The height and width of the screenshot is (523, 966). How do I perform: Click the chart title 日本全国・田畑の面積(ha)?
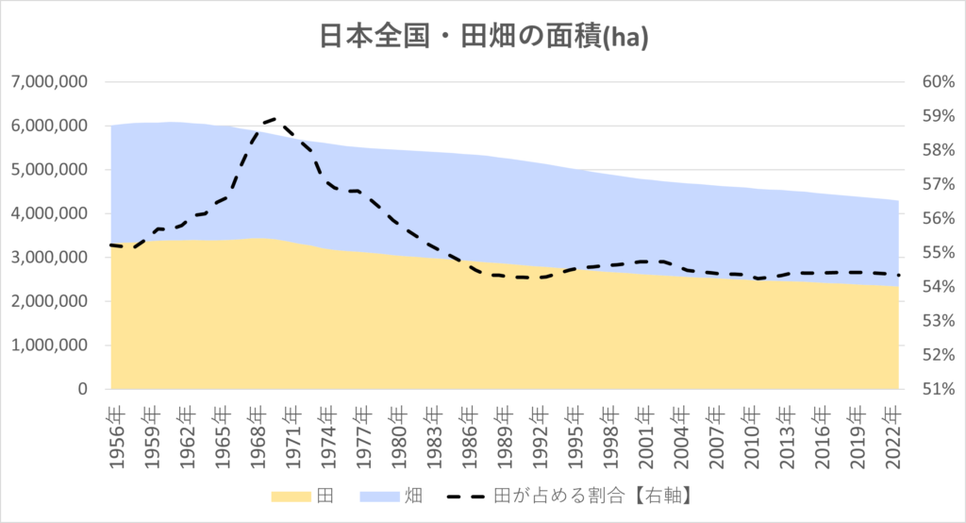coord(484,37)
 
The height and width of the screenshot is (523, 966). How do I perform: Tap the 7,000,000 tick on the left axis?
coord(49,81)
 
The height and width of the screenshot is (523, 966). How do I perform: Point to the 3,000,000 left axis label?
coord(49,257)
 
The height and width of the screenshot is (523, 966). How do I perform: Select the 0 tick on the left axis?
coord(83,389)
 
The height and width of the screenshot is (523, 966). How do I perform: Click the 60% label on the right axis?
coord(939,81)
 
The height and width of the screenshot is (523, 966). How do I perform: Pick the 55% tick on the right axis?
coord(939,252)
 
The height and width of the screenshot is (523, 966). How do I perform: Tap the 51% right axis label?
coord(939,389)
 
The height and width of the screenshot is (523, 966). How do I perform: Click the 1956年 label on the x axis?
coord(116,437)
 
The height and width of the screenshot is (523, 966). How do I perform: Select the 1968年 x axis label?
coord(258,437)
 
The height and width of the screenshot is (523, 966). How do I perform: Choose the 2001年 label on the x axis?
coord(646,437)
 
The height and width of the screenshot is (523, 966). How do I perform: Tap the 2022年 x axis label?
coord(893,437)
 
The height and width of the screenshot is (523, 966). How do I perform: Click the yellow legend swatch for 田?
coord(291,497)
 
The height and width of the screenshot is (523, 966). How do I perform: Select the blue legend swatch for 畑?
coord(379,497)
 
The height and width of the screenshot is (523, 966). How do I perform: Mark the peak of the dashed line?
coord(274,118)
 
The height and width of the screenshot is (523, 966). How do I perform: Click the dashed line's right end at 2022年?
coord(898,275)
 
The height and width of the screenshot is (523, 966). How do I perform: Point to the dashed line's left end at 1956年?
coord(111,245)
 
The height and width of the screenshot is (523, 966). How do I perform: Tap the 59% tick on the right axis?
coord(939,116)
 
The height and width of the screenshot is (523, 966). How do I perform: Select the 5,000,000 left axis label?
coord(49,170)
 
